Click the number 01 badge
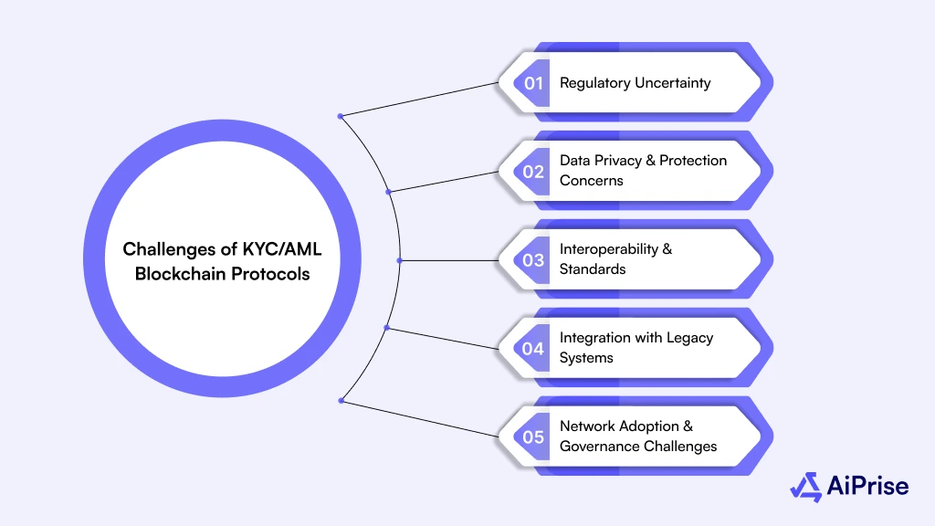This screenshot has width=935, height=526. [x=533, y=83]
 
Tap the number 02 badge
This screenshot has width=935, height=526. [x=533, y=171]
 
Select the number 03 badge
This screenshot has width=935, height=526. [x=533, y=259]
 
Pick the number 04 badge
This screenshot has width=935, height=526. [x=533, y=348]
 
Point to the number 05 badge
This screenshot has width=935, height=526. [x=533, y=437]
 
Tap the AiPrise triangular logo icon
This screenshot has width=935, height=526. [x=805, y=487]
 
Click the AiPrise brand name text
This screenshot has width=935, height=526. [x=868, y=486]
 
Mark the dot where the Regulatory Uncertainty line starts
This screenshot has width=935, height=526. [x=341, y=116]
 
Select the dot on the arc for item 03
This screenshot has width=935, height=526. [x=400, y=260]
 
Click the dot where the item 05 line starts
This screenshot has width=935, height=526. [x=341, y=400]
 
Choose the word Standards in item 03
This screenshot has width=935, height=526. [x=593, y=269]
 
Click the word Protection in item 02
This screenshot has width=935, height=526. [x=693, y=161]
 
